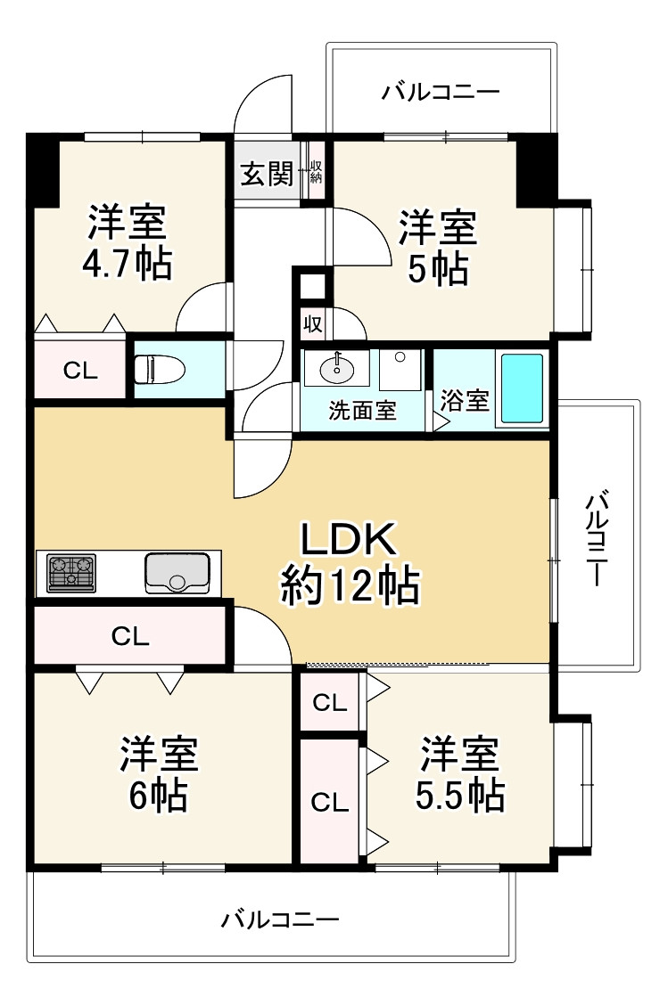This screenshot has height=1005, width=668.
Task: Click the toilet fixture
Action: [x=159, y=370]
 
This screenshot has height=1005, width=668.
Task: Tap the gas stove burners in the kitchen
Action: [x=71, y=572]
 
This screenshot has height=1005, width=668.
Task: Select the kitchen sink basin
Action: [x=177, y=572]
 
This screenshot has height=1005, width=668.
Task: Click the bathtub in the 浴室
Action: [x=523, y=388]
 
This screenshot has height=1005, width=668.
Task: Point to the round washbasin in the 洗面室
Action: [x=337, y=369]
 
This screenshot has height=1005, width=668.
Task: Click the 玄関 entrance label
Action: [x=267, y=173]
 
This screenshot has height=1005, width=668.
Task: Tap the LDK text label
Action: [x=349, y=540]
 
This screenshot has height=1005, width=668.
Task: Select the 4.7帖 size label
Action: [x=127, y=263]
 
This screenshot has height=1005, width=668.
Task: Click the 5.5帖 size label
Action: [x=460, y=795]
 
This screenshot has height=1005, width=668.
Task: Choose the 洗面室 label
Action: [x=362, y=410]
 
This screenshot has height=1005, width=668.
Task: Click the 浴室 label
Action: [x=465, y=400]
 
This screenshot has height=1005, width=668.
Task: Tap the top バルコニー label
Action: [x=441, y=93]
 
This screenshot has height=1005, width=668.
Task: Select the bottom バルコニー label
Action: [x=280, y=919]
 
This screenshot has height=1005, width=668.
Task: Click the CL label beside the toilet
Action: [x=80, y=371]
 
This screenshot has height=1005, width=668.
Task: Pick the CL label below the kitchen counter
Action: [x=130, y=636]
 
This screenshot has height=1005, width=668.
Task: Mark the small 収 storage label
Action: [x=313, y=324]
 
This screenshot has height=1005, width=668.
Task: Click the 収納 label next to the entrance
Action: [x=316, y=171]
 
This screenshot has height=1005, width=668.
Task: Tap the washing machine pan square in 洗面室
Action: [x=400, y=370]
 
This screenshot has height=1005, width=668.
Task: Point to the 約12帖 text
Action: [x=350, y=586]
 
